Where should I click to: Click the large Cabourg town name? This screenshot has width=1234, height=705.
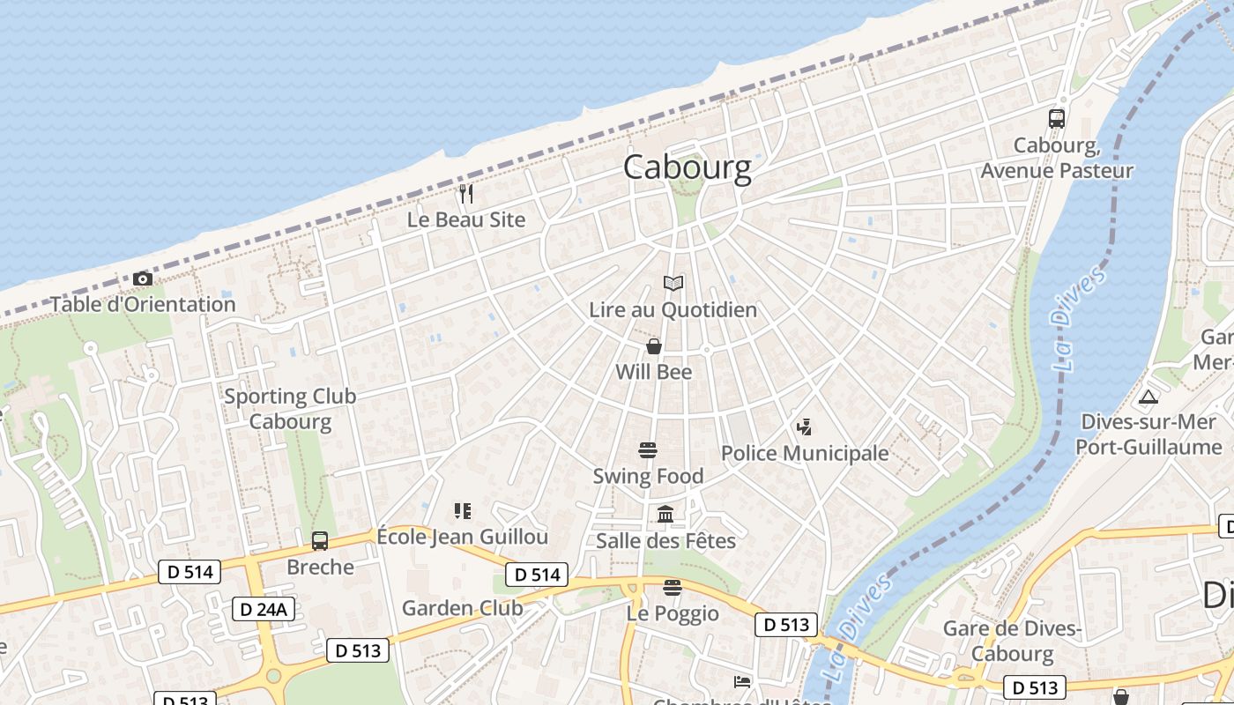[688, 167]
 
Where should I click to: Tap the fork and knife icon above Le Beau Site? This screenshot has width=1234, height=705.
[466, 193]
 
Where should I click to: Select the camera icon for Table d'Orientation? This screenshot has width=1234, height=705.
[143, 279]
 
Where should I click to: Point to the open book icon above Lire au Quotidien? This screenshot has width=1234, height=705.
[673, 284]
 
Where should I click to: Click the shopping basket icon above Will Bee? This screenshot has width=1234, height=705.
[654, 346]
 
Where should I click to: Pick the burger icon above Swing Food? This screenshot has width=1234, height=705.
[648, 450]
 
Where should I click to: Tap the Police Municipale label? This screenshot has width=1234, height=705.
[805, 454]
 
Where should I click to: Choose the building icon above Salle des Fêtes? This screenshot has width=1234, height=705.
[665, 514]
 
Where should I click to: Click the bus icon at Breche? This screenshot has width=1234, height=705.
[320, 540]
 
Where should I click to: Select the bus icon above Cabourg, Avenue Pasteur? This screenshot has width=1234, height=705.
[1056, 118]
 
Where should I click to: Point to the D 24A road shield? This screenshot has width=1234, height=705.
[264, 608]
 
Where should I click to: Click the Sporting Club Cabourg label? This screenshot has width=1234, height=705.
[290, 408]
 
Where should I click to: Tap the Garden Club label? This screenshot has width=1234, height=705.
[462, 608]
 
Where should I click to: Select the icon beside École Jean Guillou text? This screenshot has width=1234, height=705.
[463, 511]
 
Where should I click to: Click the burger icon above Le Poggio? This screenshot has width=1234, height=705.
[673, 587]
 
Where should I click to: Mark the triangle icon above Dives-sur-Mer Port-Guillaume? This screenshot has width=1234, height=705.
[1148, 397]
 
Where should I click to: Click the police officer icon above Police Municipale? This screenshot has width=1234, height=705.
[803, 428]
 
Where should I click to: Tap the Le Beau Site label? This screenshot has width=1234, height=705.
[466, 220]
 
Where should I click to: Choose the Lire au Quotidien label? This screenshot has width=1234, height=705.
[673, 310]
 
